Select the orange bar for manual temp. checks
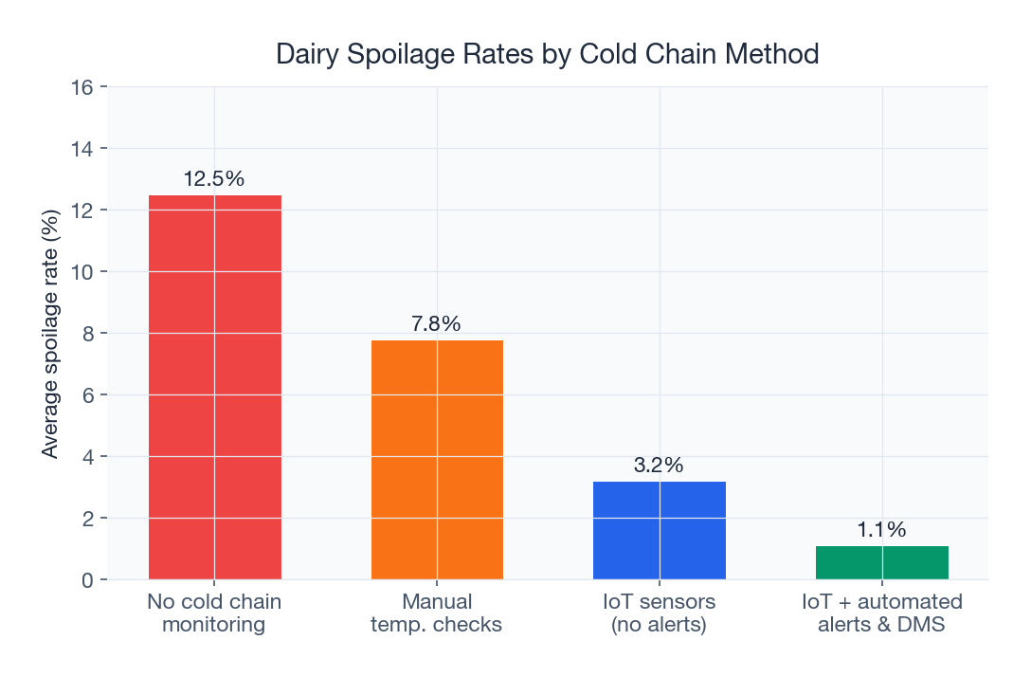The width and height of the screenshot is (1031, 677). [437, 459]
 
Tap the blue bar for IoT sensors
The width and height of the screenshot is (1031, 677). [660, 530]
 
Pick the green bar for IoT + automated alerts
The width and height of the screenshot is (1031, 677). [882, 562]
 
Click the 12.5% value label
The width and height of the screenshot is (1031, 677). [215, 179]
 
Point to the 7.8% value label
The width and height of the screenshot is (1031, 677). [437, 324]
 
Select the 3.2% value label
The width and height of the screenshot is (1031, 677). [660, 466]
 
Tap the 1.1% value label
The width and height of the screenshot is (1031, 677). [882, 530]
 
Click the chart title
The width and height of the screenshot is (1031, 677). [547, 55]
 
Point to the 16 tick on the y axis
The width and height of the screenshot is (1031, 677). [82, 87]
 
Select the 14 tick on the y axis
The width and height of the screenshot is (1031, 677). [82, 149]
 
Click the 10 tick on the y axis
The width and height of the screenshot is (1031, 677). [82, 272]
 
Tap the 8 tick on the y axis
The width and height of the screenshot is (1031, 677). [87, 334]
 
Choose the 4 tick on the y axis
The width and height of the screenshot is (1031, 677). [87, 457]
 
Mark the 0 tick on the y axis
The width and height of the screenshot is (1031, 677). [87, 580]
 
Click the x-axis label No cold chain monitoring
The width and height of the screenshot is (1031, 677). [215, 613]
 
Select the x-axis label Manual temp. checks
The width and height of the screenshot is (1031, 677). [437, 613]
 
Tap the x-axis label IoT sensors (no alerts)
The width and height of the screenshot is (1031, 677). [660, 613]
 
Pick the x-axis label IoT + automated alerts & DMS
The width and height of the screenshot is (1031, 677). [882, 613]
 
